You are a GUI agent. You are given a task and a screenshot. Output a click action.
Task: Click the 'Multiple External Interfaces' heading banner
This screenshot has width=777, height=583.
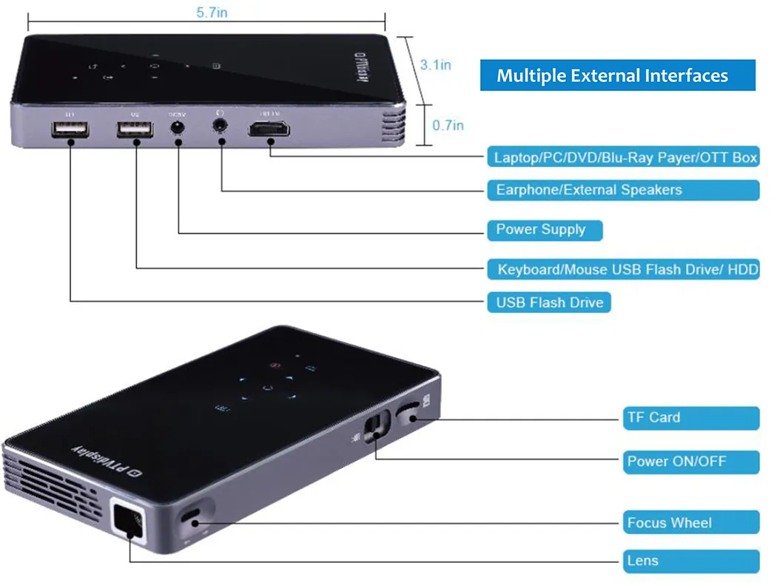click(617, 75)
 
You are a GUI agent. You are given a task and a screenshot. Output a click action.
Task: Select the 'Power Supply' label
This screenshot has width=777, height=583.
click(544, 229)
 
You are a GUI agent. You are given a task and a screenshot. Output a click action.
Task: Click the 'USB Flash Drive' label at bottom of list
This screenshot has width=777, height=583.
click(549, 303)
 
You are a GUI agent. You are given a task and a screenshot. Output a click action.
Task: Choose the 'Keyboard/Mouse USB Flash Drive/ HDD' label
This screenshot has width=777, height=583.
click(623, 269)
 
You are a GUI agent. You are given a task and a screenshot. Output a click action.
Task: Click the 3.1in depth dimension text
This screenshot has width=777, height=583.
click(435, 65)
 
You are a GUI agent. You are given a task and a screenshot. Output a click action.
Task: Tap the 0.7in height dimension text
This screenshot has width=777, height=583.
click(448, 125)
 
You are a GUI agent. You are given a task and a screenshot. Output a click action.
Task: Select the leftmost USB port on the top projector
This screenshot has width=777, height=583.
click(70, 131)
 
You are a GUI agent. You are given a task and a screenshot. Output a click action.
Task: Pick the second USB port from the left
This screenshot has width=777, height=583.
click(135, 131)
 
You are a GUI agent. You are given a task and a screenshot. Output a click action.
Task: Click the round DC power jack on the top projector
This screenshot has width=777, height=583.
click(177, 129)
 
